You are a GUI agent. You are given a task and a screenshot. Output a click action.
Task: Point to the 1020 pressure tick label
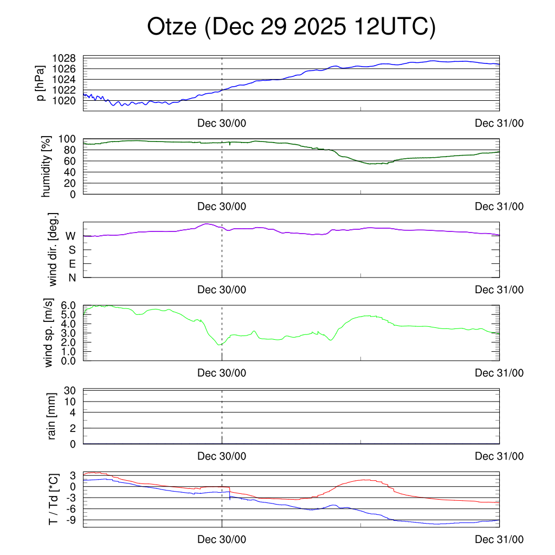(63, 100)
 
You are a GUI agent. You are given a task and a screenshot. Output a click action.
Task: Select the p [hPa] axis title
(41, 83)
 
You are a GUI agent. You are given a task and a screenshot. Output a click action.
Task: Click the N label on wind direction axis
(71, 277)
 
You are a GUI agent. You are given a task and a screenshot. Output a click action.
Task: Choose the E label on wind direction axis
(71, 263)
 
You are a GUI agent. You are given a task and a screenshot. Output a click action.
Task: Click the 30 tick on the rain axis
(70, 390)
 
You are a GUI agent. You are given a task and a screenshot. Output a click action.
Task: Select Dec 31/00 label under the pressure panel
(499, 124)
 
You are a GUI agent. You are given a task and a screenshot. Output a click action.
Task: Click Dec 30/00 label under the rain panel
(222, 456)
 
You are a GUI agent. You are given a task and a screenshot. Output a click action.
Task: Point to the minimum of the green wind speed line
(219, 345)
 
